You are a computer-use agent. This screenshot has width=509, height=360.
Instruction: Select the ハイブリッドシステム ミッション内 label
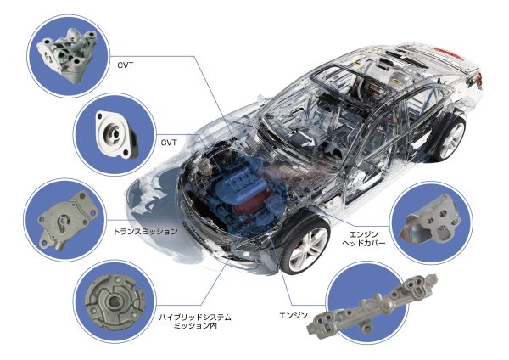tap(195, 321)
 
